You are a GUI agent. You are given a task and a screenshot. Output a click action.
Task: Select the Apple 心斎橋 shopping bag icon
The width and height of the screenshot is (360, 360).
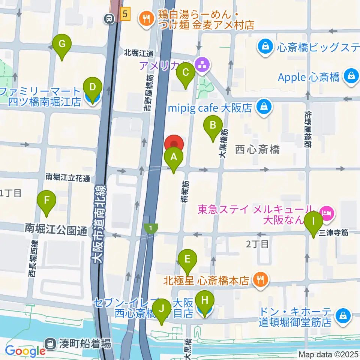coord(351,76)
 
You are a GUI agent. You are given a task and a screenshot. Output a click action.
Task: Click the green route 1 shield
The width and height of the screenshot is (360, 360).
coord(151,228)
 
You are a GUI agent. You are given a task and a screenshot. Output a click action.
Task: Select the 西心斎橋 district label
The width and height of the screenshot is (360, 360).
coord(257,150)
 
